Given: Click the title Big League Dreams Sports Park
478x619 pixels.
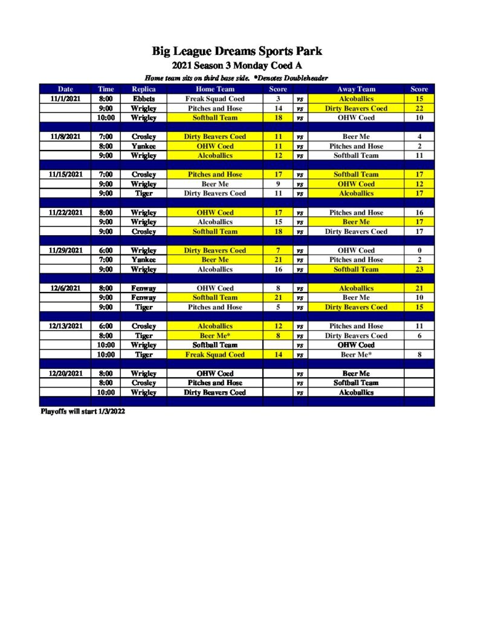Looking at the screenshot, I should pos(237,51).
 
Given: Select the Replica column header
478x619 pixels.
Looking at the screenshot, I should pos(144,89).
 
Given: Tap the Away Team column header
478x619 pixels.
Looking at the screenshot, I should pos(356,89).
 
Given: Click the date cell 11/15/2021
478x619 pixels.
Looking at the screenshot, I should pos(65,175).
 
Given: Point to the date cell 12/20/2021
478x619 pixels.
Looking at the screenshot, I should pos(65,374).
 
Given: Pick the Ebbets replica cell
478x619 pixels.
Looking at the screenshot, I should pos(144,99).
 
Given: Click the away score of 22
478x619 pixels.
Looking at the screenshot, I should pos(419,108).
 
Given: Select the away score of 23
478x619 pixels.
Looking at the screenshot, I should pos(419,269).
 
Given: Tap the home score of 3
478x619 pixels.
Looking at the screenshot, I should pos(278,99).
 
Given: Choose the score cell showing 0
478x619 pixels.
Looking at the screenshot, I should pos(419,250).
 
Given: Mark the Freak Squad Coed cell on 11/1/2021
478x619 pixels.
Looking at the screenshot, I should pos(215,99).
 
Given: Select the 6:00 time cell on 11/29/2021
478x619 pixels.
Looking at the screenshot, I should pos(106,250).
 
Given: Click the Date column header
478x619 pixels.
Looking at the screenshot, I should pos(65,89).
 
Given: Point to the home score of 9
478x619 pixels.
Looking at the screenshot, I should pos(278,184).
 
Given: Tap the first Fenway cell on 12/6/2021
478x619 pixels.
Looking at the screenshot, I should pos(144,288).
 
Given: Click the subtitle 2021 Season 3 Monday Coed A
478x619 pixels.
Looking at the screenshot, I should pos(237,65).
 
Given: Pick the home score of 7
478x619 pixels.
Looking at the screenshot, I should pos(278,250).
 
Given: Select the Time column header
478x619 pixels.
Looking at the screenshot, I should pos(106,89).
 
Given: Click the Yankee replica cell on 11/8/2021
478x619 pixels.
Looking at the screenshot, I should pos(144,146).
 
